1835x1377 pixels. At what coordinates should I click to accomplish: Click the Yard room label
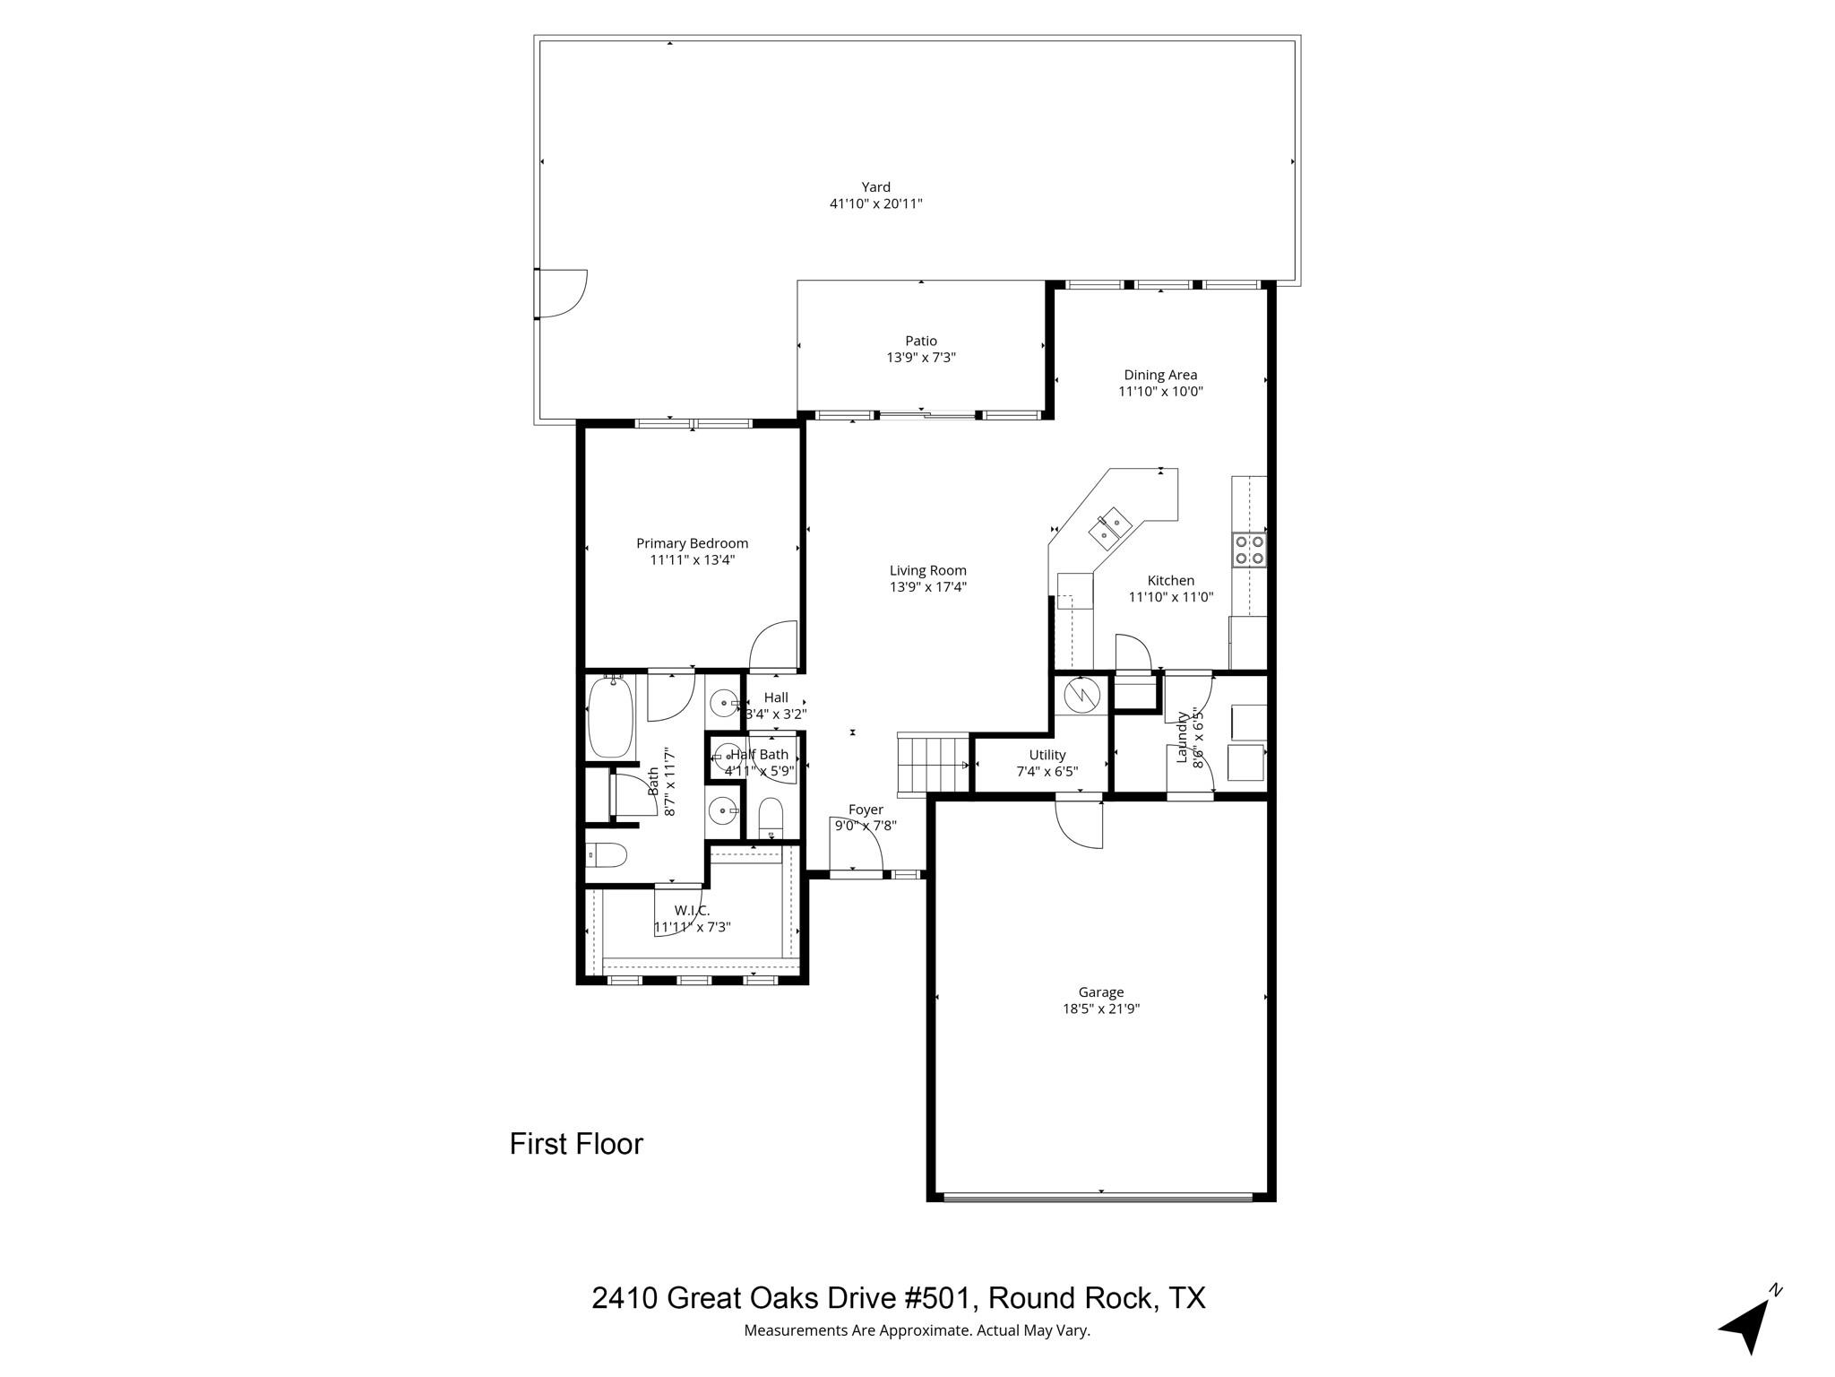click(875, 187)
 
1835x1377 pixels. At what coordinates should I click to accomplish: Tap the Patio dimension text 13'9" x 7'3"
click(921, 358)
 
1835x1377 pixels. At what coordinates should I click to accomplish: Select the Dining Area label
click(1160, 376)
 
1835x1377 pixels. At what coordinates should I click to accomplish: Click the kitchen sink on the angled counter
click(1112, 527)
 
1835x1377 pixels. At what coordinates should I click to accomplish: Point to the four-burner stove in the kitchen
click(1249, 550)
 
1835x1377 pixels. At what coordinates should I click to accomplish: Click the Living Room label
click(927, 570)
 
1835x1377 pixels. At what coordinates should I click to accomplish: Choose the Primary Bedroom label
click(692, 543)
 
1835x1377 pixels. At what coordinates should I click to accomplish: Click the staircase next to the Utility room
click(933, 764)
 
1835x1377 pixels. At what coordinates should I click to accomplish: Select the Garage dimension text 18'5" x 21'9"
click(1100, 1009)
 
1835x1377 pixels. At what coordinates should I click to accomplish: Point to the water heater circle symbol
click(1081, 694)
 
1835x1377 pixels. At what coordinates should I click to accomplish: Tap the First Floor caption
click(576, 1144)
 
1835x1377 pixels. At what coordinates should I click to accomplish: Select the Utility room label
click(1047, 755)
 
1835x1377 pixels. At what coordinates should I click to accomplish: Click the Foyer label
click(866, 810)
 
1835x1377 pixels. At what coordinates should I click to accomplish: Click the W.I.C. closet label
click(692, 911)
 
